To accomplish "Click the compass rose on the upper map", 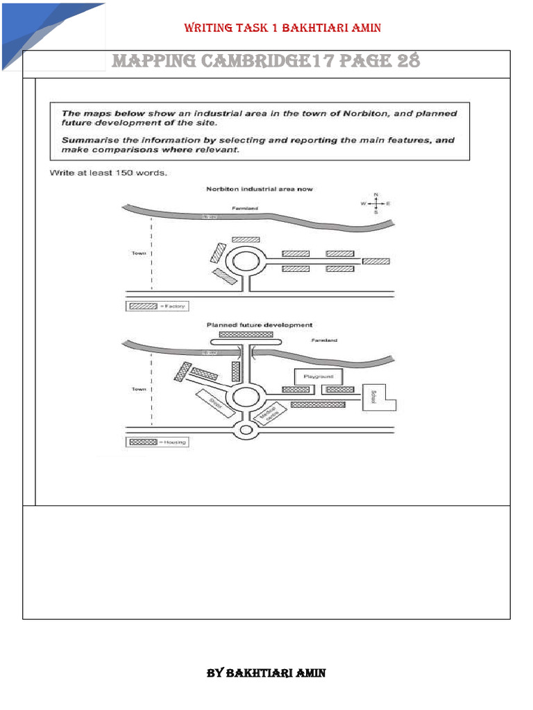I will point(375,204).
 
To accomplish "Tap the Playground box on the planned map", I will point(319,376).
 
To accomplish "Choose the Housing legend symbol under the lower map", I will point(144,442).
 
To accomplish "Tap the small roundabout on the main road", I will point(245,431).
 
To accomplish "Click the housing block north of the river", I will point(245,334).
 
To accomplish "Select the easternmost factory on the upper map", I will point(376,261).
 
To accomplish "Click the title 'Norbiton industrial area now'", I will point(260,189).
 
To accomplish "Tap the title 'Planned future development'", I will point(259,324).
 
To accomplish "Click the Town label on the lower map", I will point(139,390).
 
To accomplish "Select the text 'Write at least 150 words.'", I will point(108,173).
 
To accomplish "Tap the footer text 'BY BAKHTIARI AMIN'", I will point(266,673).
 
